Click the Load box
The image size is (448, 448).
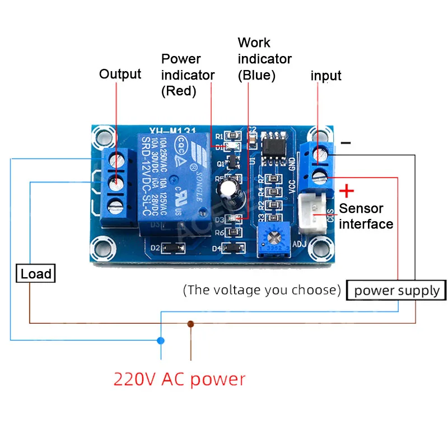36,274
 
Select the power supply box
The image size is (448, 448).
396,291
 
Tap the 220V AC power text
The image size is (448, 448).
179,379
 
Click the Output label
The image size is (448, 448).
120,74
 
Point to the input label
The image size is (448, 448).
326,76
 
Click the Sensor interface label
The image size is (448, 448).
366,216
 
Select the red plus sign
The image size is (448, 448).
347,192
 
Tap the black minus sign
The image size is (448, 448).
346,143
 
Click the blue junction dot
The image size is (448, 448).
161,340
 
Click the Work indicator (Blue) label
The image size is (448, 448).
264,59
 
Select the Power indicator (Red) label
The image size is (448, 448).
188,74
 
